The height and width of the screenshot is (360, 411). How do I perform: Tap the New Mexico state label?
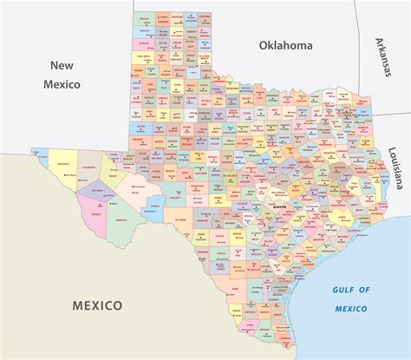62,75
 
